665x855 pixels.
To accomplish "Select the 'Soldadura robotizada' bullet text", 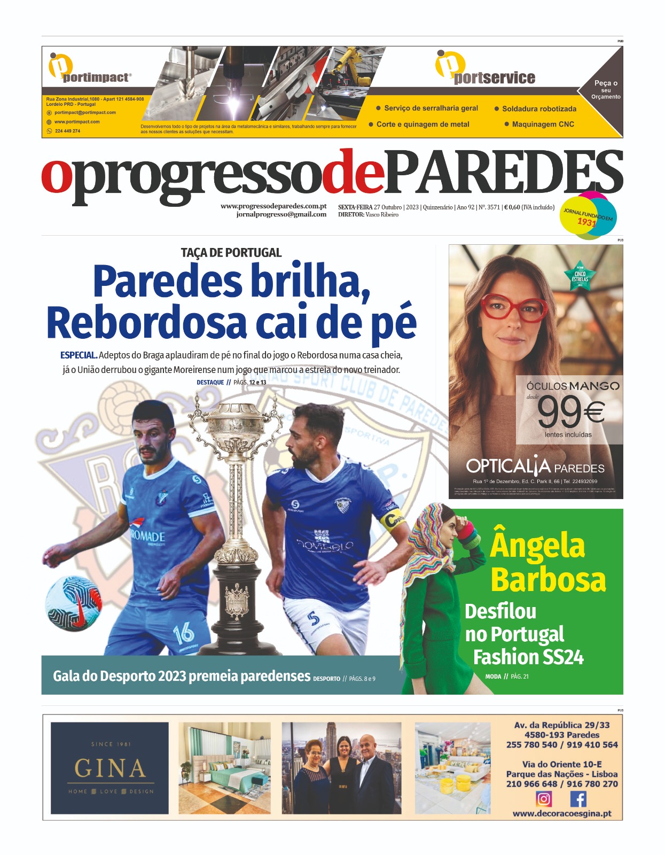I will [x=539, y=108].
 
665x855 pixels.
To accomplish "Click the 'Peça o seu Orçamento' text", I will [x=606, y=90].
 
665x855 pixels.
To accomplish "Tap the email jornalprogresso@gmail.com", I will [x=281, y=214].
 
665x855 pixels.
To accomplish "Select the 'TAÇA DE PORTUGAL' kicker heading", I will [x=231, y=253].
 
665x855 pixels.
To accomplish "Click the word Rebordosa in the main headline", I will [x=147, y=322].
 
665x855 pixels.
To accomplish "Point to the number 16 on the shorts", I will [x=183, y=633].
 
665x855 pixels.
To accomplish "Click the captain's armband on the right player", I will [x=395, y=519].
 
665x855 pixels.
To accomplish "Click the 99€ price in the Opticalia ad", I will [x=570, y=412].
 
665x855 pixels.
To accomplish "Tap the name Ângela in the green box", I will [x=537, y=545].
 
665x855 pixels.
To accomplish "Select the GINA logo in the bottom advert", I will [x=109, y=768].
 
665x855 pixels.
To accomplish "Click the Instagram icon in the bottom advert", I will [x=543, y=799].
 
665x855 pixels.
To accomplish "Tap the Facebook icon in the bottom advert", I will [x=578, y=799].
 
